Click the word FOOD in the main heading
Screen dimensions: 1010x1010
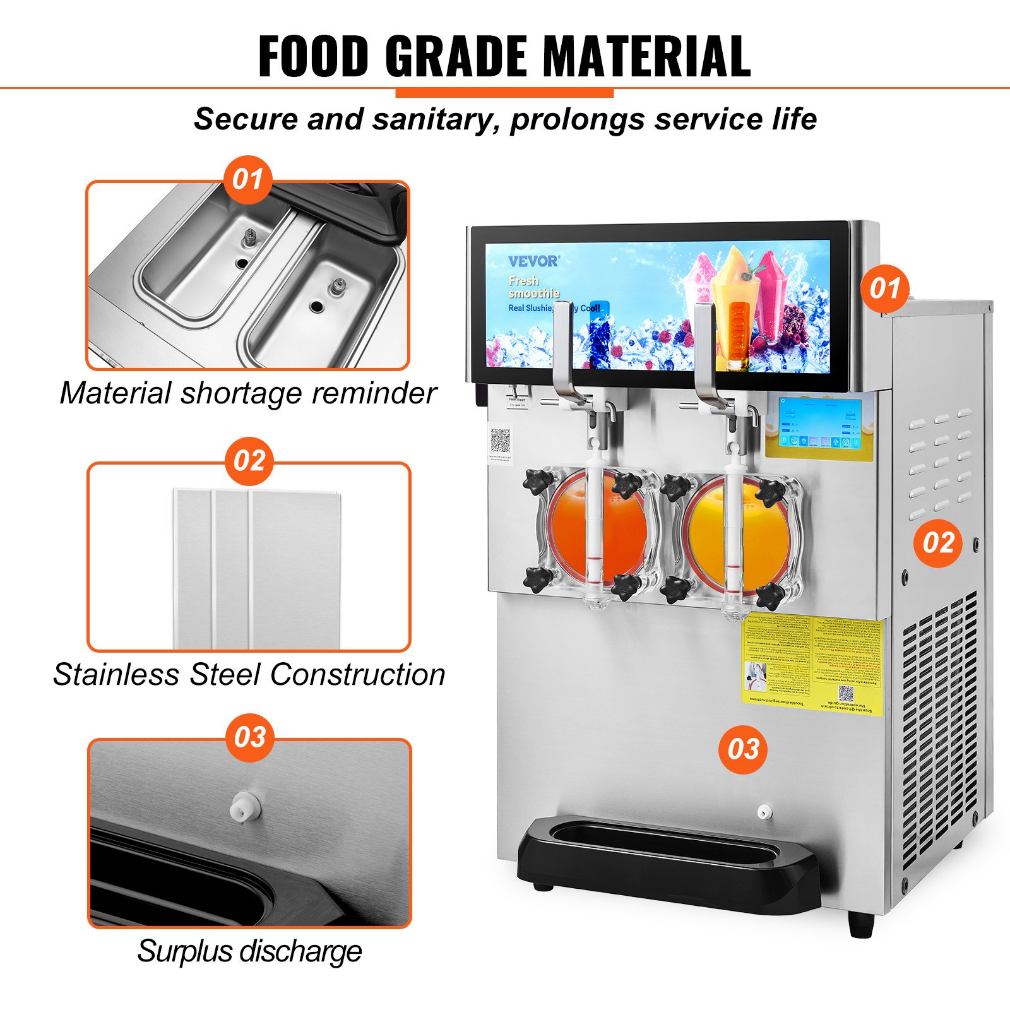click(x=314, y=57)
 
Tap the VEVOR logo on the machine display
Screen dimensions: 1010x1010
click(x=533, y=261)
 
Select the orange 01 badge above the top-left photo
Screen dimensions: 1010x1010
click(x=247, y=179)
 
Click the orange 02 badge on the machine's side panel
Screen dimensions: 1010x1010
click(x=938, y=543)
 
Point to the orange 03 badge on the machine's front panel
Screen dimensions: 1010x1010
click(x=743, y=749)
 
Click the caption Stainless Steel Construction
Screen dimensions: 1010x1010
click(x=249, y=674)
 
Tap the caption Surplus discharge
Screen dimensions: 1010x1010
click(x=249, y=951)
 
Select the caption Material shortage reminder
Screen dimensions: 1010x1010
click(x=248, y=393)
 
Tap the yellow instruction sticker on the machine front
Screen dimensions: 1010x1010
click(x=812, y=667)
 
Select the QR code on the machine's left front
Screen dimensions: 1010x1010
click(x=500, y=441)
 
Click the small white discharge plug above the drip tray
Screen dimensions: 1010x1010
click(x=764, y=812)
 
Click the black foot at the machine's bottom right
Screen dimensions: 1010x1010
click(x=861, y=925)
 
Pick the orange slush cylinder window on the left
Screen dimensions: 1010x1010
click(x=597, y=533)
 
